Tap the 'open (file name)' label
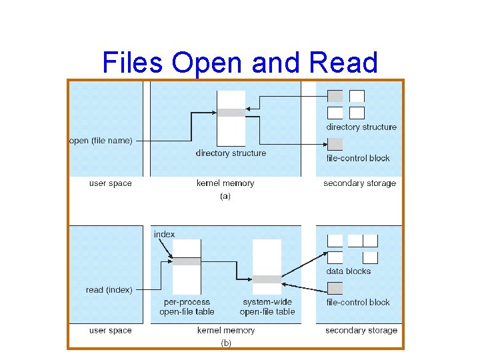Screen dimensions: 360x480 [101, 141]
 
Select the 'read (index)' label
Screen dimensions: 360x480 [109, 290]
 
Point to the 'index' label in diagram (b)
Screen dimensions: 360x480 [164, 234]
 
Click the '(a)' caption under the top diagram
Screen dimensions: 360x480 [225, 197]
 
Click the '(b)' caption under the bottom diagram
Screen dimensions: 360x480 [226, 343]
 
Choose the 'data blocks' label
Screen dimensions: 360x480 [348, 271]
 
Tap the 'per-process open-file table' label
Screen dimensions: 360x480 [187, 307]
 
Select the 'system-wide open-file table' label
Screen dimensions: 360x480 [267, 307]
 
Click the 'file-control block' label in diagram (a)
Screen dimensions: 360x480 [358, 159]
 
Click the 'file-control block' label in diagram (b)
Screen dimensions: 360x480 [358, 302]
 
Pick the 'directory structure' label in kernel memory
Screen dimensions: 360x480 [231, 153]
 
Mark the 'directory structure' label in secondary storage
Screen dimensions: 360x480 [361, 127]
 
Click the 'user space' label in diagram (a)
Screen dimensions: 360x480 [111, 183]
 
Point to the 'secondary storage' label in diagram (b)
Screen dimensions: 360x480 [361, 330]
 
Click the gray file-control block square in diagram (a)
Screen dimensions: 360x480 [335, 143]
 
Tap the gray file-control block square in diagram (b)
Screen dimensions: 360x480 [335, 288]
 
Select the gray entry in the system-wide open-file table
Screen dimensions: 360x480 [267, 279]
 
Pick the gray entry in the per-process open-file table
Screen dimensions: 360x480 [187, 261]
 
